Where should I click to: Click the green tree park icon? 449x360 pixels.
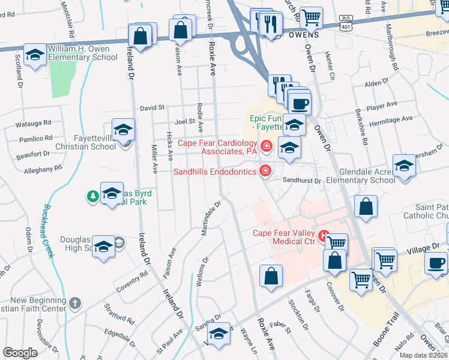pos(92,195)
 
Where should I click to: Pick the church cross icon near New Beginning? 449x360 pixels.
pos(74,302)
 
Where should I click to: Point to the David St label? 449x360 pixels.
pos(152,108)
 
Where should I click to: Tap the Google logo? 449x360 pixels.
pos(20,353)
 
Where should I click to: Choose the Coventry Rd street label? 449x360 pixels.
pos(132,281)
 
